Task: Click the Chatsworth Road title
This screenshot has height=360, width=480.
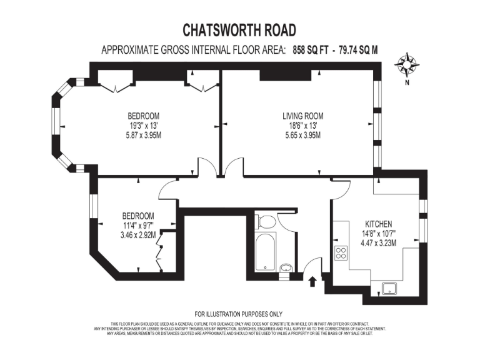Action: (x=239, y=29)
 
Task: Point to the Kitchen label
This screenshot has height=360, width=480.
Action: (x=379, y=224)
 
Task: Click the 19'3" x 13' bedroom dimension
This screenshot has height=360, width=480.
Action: (x=143, y=125)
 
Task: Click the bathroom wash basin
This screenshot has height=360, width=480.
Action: (x=285, y=269)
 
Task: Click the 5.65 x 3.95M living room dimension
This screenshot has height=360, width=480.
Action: (x=303, y=135)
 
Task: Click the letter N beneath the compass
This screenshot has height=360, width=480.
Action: (x=407, y=82)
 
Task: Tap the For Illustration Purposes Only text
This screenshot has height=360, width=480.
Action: (x=239, y=314)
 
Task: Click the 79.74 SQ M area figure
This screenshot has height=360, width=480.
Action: (x=359, y=50)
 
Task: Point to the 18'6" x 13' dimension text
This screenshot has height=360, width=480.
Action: (x=303, y=125)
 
